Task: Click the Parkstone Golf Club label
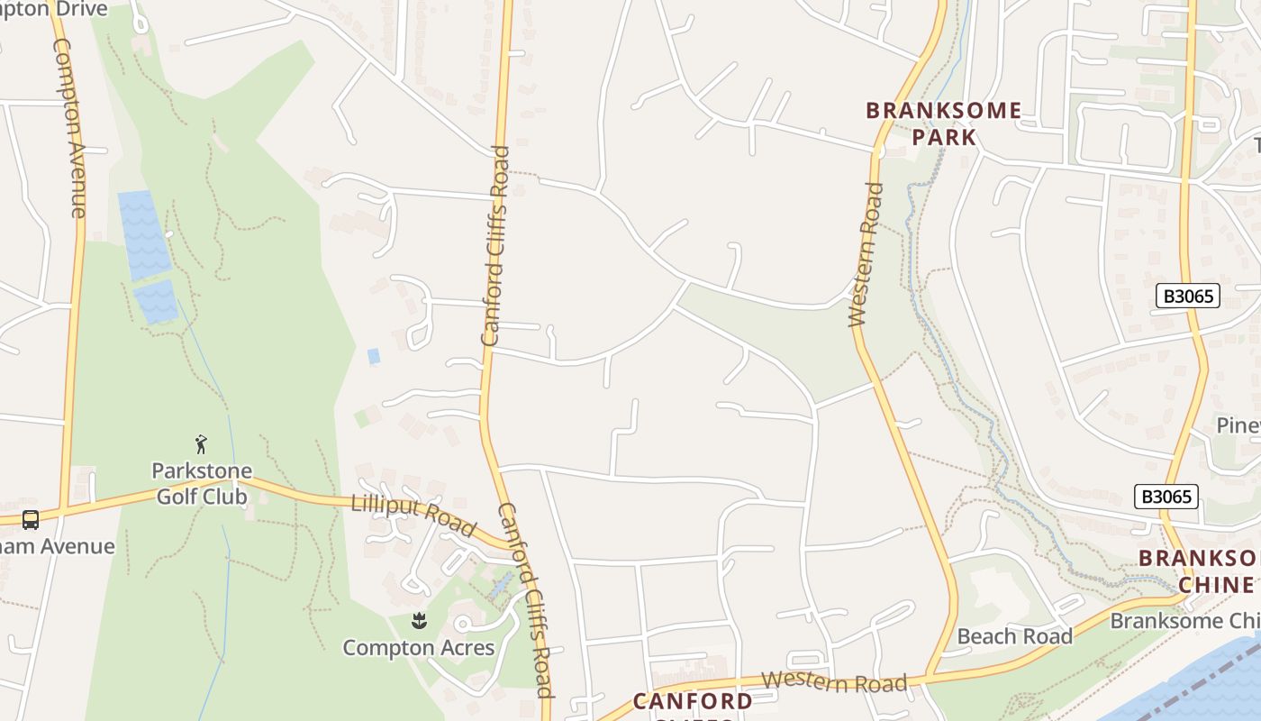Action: point(202,484)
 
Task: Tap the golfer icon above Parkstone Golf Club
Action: point(201,443)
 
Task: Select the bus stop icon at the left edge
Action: point(30,519)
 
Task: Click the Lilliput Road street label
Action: point(413,516)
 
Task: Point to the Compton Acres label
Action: point(419,647)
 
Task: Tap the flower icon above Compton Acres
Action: point(419,620)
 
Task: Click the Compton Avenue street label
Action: point(69,126)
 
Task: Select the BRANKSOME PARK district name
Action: point(944,123)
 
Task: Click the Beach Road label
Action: point(1014,636)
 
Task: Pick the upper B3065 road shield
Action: point(1188,296)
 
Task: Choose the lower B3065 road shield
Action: point(1166,496)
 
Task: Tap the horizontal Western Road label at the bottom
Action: point(834,682)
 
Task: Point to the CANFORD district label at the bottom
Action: point(692,701)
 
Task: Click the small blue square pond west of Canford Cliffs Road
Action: point(374,356)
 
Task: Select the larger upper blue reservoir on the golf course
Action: point(143,234)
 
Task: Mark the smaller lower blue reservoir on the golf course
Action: point(156,301)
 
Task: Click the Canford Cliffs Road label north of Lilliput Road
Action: point(495,245)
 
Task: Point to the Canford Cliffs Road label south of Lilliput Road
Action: point(526,599)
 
